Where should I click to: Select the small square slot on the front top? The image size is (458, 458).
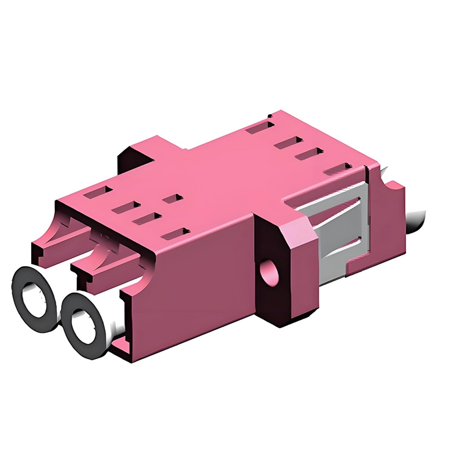click(x=172, y=198)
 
